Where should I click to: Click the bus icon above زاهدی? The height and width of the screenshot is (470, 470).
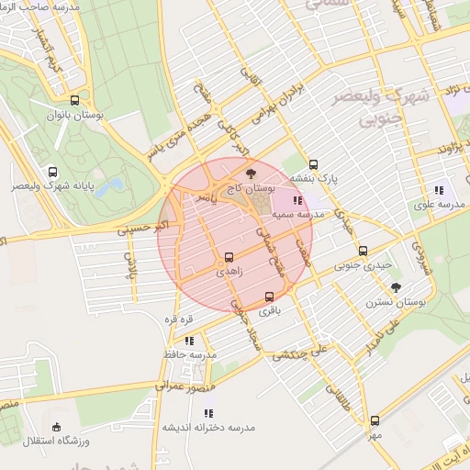click(x=229, y=257)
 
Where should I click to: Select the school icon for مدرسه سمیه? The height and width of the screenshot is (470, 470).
click(x=297, y=199)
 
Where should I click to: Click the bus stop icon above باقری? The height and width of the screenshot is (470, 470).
click(x=269, y=297)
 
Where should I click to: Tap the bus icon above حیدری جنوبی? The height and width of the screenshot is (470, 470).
click(x=363, y=251)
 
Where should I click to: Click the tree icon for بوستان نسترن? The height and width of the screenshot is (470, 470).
click(x=396, y=287)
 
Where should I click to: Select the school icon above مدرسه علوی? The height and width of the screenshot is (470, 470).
click(x=438, y=191)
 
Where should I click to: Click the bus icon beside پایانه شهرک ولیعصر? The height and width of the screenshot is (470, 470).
click(x=52, y=171)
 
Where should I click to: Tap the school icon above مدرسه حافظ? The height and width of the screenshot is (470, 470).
click(x=189, y=341)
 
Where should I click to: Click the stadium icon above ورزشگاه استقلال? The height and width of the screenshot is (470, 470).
click(x=56, y=427)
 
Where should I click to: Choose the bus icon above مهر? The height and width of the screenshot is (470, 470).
click(x=375, y=420)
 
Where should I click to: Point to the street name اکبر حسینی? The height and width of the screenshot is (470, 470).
click(x=144, y=229)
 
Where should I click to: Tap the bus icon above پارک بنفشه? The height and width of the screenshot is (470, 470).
click(x=314, y=164)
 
